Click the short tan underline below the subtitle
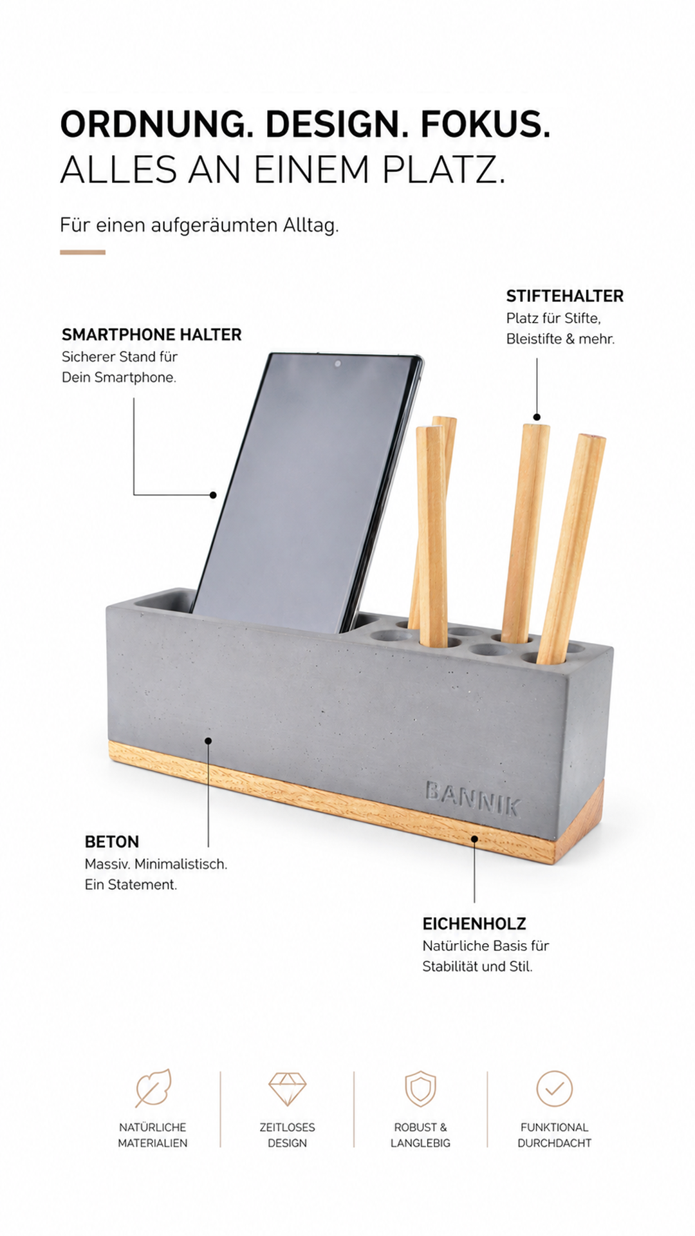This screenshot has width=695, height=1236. pos(82,252)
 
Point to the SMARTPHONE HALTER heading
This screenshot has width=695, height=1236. pos(152,335)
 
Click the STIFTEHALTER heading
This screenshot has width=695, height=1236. pos(565,296)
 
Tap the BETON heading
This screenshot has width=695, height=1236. pos(112,842)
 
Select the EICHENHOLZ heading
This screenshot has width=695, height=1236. pos(474,924)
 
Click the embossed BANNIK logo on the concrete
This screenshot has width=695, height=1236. pos(473,798)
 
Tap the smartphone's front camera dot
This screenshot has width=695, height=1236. pos(338,364)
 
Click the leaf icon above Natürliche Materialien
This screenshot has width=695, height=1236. pos(153,1088)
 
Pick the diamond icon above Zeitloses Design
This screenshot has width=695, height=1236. pos(287,1089)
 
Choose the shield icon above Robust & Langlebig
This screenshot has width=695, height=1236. pos(420,1088)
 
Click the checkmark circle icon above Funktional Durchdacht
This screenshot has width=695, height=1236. pos(554,1088)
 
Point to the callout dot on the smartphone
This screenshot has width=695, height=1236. pos(213,494)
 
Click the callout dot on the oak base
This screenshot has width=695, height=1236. pos(474,838)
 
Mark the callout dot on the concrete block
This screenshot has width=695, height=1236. pos(208,741)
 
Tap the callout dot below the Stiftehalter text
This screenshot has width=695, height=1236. pos(537,417)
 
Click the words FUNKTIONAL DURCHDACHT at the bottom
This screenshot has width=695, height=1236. pos(554,1135)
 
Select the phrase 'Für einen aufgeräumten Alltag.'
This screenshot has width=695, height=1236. pos(199,225)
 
